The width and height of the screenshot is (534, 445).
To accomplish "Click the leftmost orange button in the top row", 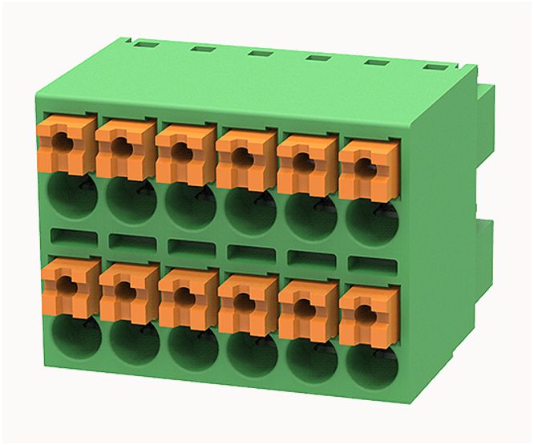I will tap(65, 143).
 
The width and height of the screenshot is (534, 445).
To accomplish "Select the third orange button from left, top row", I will tap(184, 152).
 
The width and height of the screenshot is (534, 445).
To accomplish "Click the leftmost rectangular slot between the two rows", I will tap(73, 237).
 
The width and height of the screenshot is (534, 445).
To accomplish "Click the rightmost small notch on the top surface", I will tap(434, 68).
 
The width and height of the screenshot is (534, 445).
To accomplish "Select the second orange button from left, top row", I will tap(123, 147).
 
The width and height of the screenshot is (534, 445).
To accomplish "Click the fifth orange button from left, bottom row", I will tap(306, 308).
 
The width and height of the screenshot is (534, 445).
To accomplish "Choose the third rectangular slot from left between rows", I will tap(190, 246).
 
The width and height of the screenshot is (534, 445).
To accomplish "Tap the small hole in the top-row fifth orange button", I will tap(304, 161).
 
